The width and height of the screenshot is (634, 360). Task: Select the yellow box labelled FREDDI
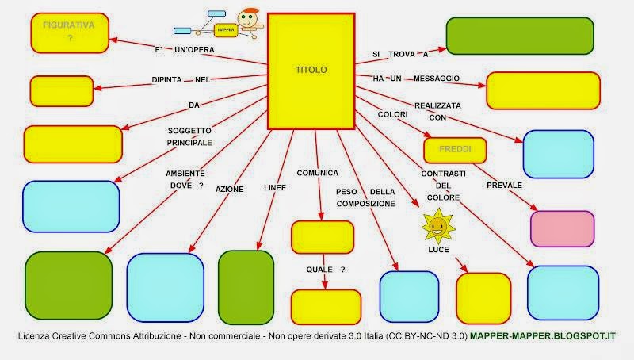(x=454, y=149)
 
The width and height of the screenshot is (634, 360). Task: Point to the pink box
(x=562, y=229)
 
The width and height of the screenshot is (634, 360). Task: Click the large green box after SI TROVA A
(x=520, y=35)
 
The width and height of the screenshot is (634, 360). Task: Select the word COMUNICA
(x=318, y=172)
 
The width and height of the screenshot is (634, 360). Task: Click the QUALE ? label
(x=326, y=270)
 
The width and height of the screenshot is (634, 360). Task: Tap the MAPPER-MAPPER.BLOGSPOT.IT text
(x=543, y=336)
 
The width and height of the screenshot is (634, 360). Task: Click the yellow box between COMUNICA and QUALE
(x=322, y=236)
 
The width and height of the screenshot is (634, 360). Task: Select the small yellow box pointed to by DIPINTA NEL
(x=62, y=90)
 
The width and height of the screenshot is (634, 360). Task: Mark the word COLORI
(x=392, y=113)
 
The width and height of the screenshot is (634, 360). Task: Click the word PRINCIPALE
(x=189, y=143)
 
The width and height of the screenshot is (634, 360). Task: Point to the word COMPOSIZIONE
(x=365, y=204)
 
